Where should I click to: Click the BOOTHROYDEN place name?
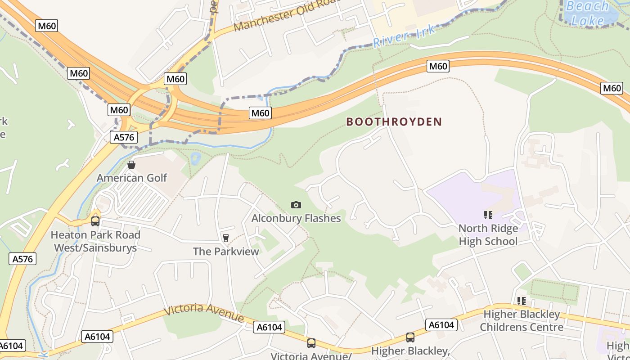pyautogui.click(x=394, y=121)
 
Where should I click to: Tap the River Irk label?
pyautogui.click(x=404, y=36)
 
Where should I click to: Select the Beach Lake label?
pyautogui.click(x=587, y=13)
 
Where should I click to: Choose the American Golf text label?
pyautogui.click(x=132, y=178)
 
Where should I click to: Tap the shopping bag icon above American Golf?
pyautogui.click(x=131, y=165)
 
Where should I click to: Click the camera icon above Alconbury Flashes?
pyautogui.click(x=296, y=205)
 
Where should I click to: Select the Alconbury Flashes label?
pyautogui.click(x=296, y=218)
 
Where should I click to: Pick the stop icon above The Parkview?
pyautogui.click(x=226, y=238)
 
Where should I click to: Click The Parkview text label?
pyautogui.click(x=226, y=251)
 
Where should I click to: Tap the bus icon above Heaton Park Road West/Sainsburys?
pyautogui.click(x=95, y=221)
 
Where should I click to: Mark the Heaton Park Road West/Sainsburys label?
pyautogui.click(x=95, y=241)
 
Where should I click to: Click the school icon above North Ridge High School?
pyautogui.click(x=488, y=215)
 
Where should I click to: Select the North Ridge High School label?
pyautogui.click(x=488, y=234)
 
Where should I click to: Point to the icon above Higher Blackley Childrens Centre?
pyautogui.click(x=522, y=301)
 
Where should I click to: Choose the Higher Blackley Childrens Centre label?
pyautogui.click(x=522, y=320)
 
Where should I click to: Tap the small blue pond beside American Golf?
pyautogui.click(x=196, y=158)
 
